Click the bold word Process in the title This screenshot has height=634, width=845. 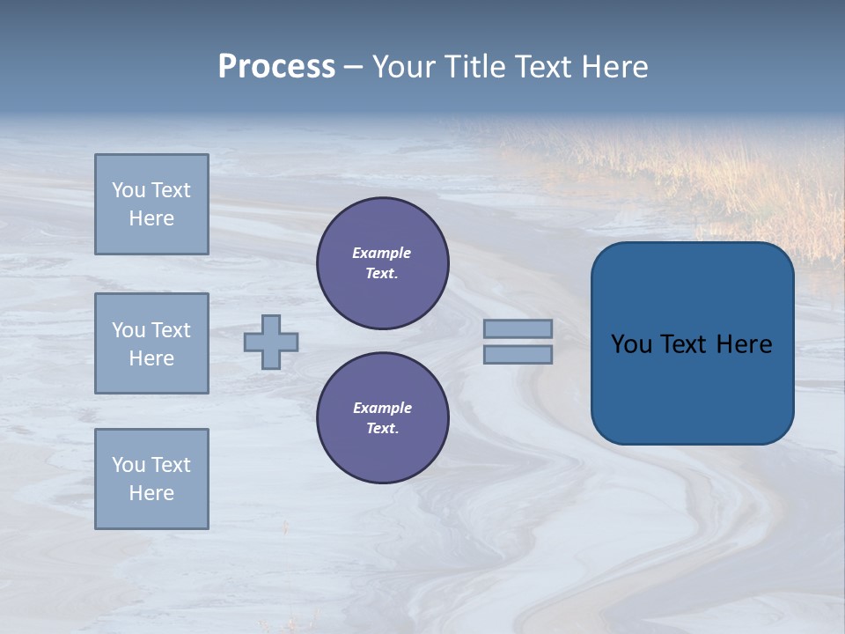point(276,67)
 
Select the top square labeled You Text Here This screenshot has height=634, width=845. point(151,204)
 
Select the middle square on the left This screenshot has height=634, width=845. point(151,343)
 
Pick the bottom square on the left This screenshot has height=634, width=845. point(151,479)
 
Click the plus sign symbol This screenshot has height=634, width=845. point(271,342)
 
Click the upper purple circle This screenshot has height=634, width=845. point(383,263)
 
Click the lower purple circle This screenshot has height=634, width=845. point(383,418)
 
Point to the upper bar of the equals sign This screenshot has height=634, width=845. point(518,328)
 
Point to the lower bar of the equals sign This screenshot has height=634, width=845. point(518,355)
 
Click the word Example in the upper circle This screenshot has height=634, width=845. point(381,253)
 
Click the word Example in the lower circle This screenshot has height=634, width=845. point(382,408)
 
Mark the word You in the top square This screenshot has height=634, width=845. point(128,190)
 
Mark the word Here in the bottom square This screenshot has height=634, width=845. point(151,493)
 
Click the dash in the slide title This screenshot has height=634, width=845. point(354,67)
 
